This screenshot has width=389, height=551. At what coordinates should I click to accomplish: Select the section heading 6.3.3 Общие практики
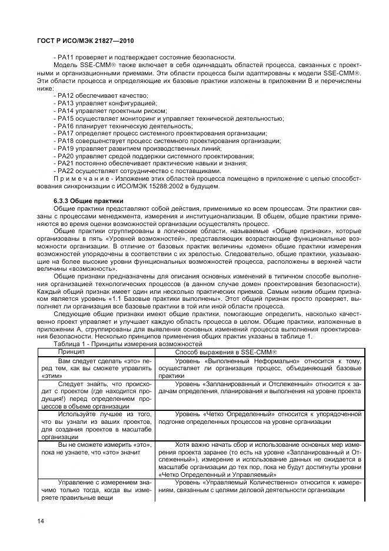(x=85, y=201)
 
